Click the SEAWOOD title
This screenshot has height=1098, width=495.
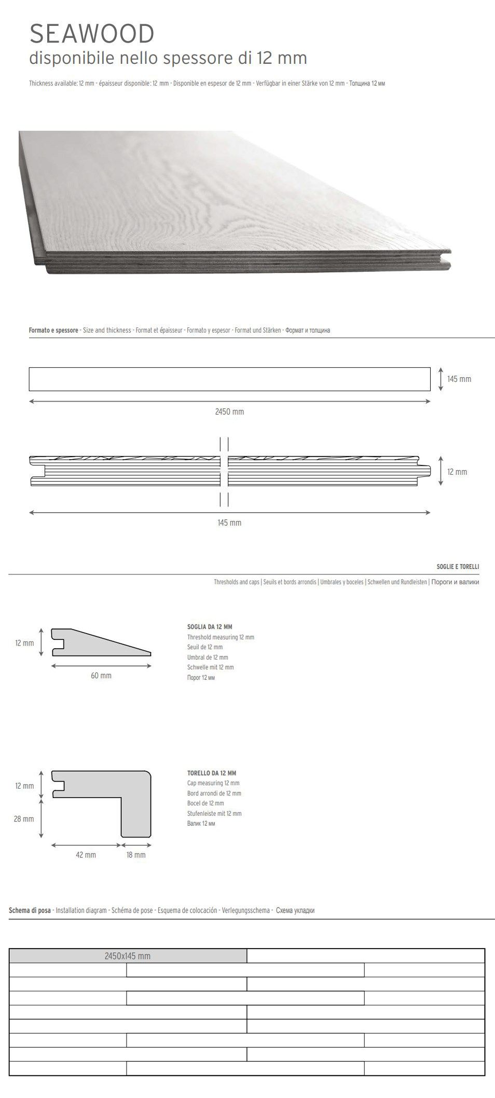pyautogui.click(x=92, y=34)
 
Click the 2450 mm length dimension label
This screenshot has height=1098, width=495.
pyautogui.click(x=229, y=412)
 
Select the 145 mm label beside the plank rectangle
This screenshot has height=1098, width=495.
pyautogui.click(x=459, y=379)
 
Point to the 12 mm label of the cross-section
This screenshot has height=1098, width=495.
pyautogui.click(x=457, y=472)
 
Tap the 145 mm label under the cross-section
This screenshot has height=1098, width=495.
pyautogui.click(x=229, y=523)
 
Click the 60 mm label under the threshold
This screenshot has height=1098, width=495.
pyautogui.click(x=101, y=676)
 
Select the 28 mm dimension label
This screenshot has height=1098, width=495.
pyautogui.click(x=24, y=819)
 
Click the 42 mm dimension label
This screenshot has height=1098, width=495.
pyautogui.click(x=86, y=855)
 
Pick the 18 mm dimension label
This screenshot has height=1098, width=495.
pyautogui.click(x=136, y=855)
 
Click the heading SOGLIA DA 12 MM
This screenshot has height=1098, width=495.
pyautogui.click(x=210, y=627)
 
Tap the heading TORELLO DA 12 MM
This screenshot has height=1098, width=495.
pyautogui.click(x=212, y=773)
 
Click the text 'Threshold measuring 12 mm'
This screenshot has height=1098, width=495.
pyautogui.click(x=221, y=637)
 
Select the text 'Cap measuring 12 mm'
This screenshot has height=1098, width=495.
pyautogui.click(x=213, y=783)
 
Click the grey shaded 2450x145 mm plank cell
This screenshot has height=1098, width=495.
pyautogui.click(x=128, y=956)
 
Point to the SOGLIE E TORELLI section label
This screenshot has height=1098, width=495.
pyautogui.click(x=458, y=567)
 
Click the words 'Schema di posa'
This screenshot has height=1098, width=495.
pyautogui.click(x=30, y=910)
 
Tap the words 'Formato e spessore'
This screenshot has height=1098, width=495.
pyautogui.click(x=53, y=330)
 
